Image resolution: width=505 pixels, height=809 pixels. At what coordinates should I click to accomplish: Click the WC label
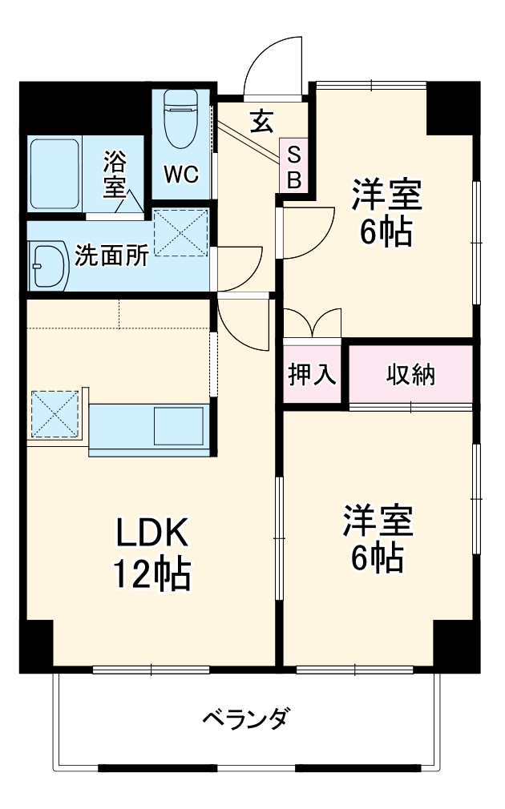(x=180, y=175)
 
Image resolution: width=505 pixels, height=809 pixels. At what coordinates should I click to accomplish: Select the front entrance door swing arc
(x=273, y=64)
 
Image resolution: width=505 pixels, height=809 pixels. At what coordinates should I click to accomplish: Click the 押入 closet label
(x=312, y=374)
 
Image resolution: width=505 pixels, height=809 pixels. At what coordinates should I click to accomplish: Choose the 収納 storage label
(x=410, y=374)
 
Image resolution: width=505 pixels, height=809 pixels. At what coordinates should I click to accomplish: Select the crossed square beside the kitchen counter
(x=56, y=414)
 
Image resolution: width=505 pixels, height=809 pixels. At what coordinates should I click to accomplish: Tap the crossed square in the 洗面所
(x=180, y=232)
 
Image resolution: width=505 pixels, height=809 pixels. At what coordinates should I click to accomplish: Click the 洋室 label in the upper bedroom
(x=386, y=195)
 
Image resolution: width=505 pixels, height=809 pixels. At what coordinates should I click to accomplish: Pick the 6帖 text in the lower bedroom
(x=377, y=557)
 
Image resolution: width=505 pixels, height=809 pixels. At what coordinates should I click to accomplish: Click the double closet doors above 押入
(x=313, y=324)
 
